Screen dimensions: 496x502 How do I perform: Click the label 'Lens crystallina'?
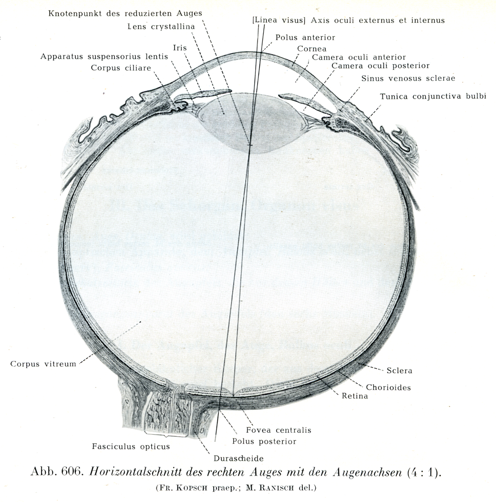click(x=161, y=27)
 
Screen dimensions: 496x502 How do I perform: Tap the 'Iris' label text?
click(x=180, y=48)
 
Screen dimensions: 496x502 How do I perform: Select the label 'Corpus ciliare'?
click(x=121, y=68)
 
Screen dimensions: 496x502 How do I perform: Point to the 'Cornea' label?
click(x=312, y=49)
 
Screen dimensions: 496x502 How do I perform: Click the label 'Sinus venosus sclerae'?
click(x=408, y=78)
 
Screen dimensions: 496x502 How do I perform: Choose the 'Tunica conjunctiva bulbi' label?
click(x=433, y=96)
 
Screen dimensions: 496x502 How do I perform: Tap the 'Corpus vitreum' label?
click(x=43, y=364)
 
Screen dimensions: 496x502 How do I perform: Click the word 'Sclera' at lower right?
click(x=399, y=371)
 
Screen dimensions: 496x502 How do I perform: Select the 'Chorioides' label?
click(x=388, y=387)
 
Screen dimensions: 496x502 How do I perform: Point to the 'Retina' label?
click(x=355, y=397)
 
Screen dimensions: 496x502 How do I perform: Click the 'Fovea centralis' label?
click(x=279, y=430)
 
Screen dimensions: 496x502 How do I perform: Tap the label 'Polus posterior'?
click(x=264, y=441)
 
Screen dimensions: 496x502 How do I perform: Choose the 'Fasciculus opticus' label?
click(x=131, y=447)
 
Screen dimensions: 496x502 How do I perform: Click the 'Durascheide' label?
click(x=239, y=459)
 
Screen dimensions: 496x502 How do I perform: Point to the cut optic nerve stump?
click(x=163, y=410)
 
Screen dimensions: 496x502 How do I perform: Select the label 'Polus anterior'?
click(x=305, y=38)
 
